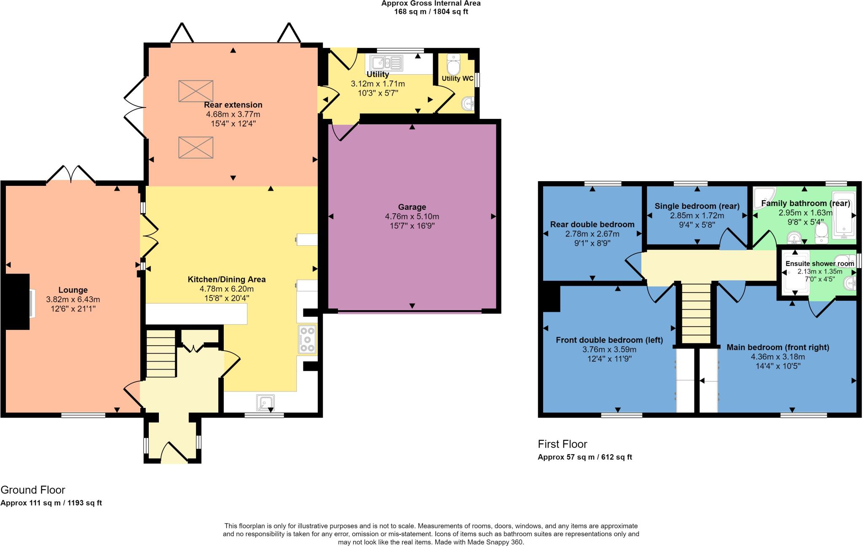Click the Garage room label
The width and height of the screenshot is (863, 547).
point(412,207)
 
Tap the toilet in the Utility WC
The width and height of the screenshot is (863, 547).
point(453,66)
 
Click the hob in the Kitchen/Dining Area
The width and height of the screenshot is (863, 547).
point(307,340)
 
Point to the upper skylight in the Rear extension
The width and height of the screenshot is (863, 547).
point(196,91)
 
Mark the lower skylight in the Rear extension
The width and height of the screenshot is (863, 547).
point(196,147)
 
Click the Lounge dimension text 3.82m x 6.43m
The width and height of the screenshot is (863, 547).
point(73,300)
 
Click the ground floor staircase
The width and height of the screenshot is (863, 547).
point(161,354)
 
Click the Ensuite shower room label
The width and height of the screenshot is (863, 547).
point(820,264)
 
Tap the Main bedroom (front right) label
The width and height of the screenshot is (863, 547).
point(777,347)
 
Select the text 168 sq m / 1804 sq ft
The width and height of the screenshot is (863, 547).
point(431,11)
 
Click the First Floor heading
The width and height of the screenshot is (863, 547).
point(562,444)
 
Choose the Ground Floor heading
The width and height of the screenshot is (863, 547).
point(33,490)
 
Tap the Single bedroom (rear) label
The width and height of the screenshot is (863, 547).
point(697,206)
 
